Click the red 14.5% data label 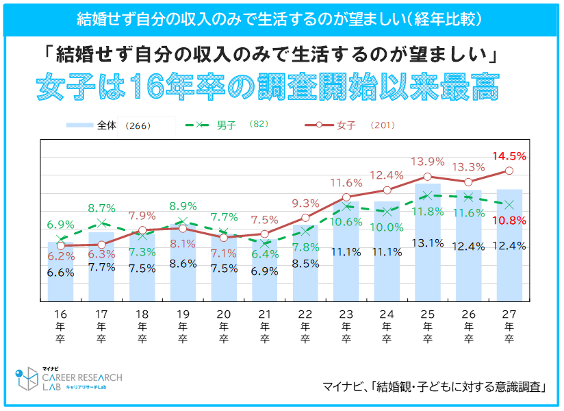[509, 156]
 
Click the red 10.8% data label [509, 221]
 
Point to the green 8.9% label [183, 206]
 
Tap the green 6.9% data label [60, 224]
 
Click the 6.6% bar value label [60, 272]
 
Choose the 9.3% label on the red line [305, 203]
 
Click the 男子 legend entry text [226, 126]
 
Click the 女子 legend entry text [346, 126]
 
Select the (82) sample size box [270, 125]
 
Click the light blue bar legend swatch [79, 126]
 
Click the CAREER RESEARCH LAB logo [68, 381]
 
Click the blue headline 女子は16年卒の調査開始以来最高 [268, 87]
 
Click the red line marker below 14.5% [509, 171]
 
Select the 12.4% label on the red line [387, 175]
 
